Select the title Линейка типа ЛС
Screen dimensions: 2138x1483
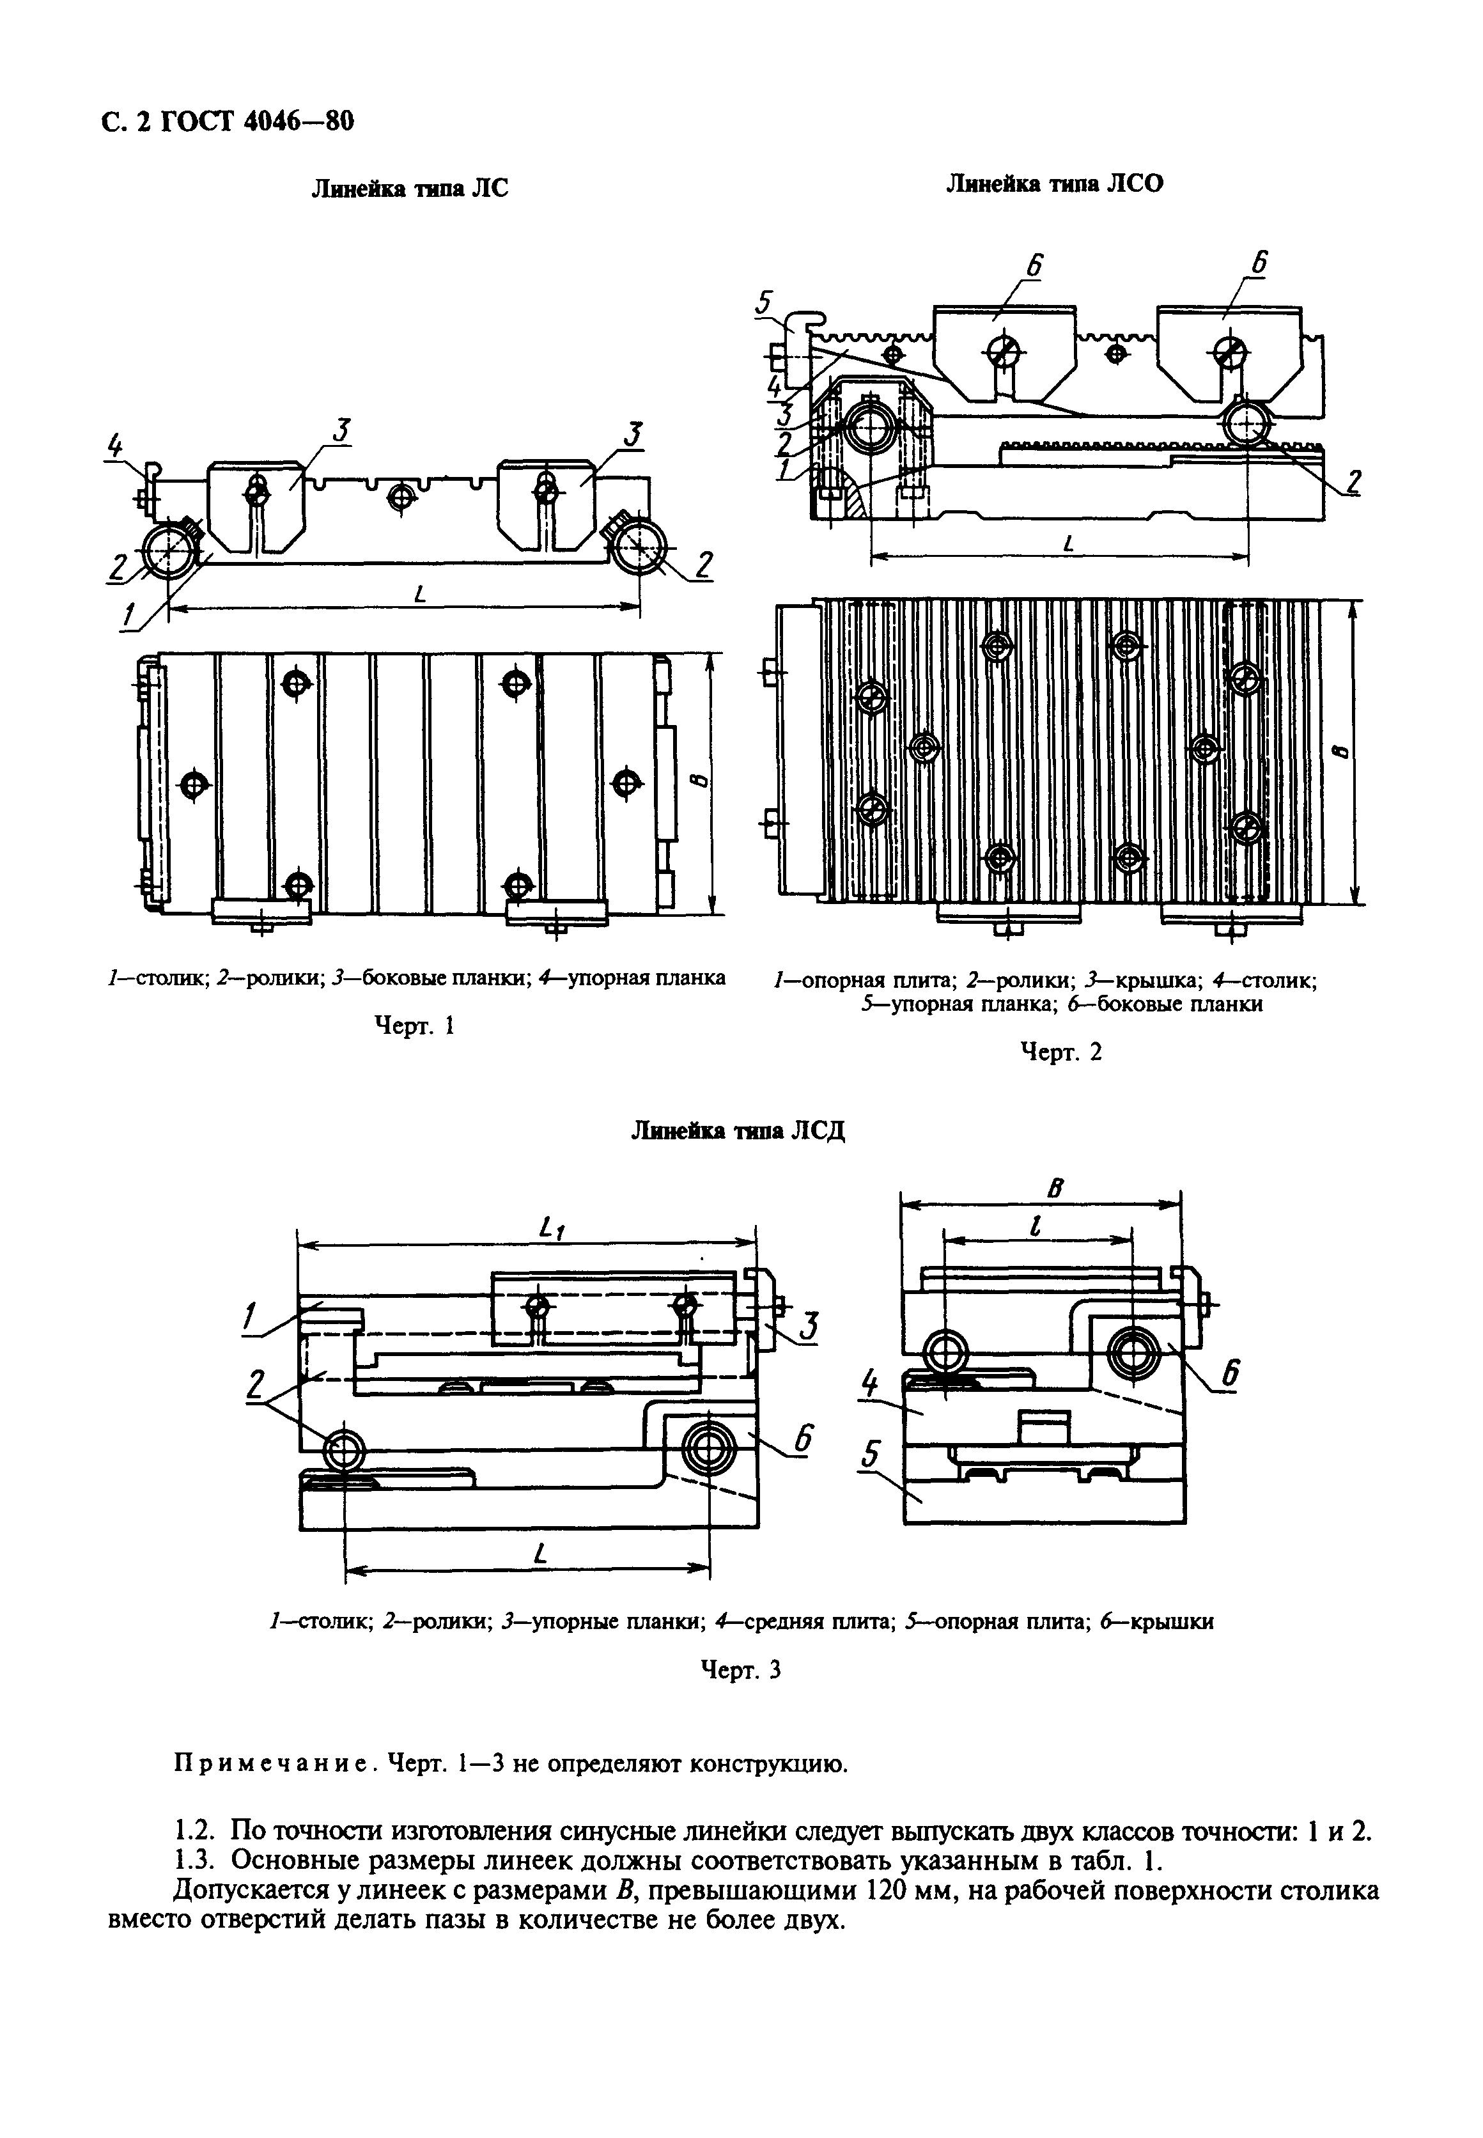(409, 189)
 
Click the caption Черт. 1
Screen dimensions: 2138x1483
(414, 1025)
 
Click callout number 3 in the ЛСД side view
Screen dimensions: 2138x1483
(809, 1326)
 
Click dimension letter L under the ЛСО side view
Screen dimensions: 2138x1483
(1067, 545)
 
